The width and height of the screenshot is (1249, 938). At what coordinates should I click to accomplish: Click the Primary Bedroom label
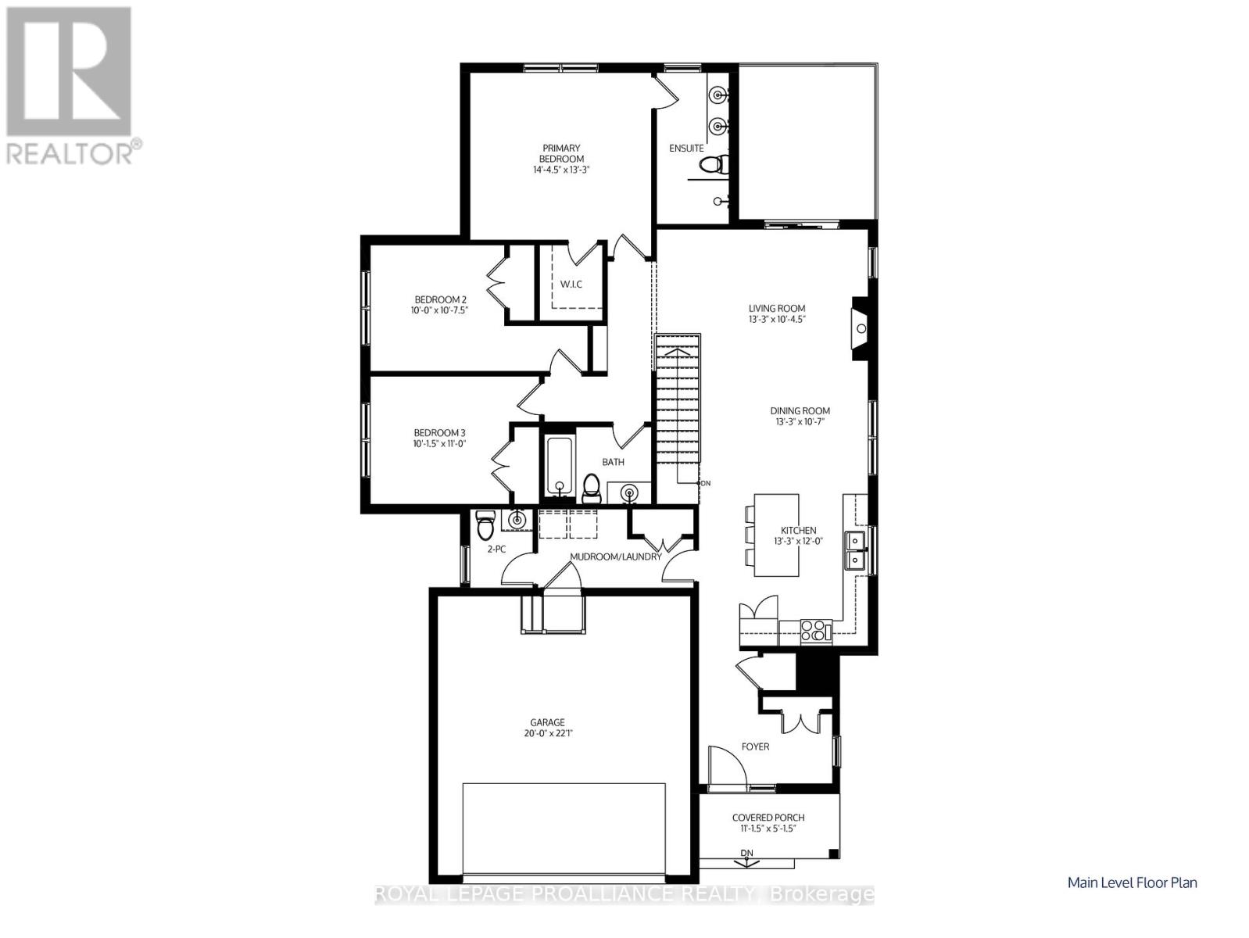[x=561, y=153]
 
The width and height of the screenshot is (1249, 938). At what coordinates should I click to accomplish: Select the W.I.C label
[x=571, y=284]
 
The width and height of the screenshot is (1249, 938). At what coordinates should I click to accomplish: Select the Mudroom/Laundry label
[x=615, y=557]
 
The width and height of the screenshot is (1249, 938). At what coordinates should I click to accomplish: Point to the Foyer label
[x=755, y=746]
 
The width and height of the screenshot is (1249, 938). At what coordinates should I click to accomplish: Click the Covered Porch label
[x=768, y=818]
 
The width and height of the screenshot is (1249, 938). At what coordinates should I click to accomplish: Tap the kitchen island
[x=776, y=535]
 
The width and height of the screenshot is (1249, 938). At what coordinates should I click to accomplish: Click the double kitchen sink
[x=856, y=550]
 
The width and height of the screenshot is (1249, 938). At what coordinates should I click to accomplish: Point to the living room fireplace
[x=859, y=328]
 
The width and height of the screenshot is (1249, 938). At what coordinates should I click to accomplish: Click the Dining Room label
[x=800, y=410]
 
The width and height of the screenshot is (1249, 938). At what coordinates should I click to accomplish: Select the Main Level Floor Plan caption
[x=1132, y=883]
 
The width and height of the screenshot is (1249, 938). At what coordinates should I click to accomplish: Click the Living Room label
[x=776, y=308]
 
